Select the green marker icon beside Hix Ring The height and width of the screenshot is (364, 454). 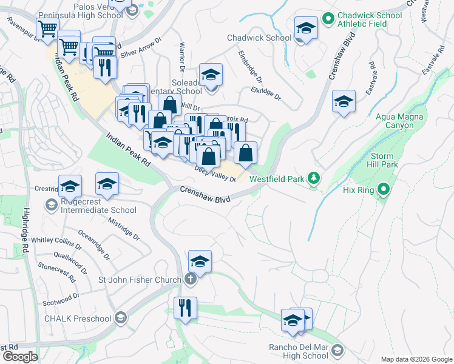tap(383, 190)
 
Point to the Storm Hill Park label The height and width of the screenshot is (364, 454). tap(384, 160)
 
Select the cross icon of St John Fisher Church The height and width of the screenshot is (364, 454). tap(190, 280)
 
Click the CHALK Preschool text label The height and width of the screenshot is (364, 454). tap(77, 318)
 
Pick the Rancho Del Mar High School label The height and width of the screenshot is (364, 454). tap(298, 351)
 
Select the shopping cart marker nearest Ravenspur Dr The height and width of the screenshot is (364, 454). tap(47, 28)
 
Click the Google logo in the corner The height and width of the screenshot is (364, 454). tap(20, 357)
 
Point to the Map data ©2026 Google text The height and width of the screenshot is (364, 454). tap(416, 359)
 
